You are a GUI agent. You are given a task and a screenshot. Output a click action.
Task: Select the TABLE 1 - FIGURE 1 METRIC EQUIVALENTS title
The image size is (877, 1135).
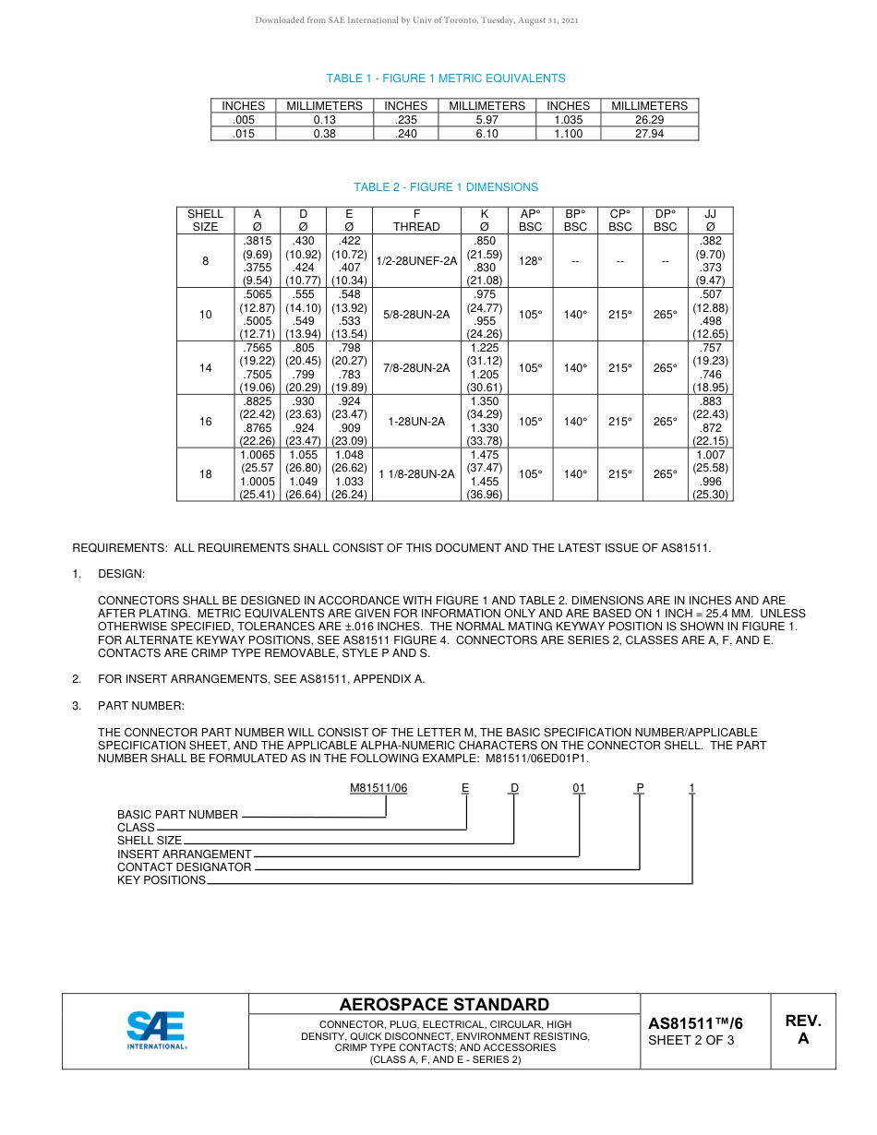(445, 78)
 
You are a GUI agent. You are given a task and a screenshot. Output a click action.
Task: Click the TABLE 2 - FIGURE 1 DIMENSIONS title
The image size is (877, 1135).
(445, 187)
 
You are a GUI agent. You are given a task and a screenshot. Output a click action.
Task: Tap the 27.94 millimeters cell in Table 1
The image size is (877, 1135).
(649, 134)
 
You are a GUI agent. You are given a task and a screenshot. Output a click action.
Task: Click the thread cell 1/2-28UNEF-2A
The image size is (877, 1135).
(417, 261)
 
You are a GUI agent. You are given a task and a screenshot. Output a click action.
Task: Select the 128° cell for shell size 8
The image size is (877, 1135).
(530, 261)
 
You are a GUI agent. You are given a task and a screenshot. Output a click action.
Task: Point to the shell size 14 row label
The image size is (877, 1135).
(205, 368)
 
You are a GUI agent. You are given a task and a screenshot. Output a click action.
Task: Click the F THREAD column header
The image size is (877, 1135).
(417, 221)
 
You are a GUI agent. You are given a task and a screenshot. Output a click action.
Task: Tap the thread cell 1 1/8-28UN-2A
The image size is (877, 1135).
(417, 474)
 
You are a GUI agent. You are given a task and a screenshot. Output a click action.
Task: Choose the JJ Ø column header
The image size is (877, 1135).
(710, 221)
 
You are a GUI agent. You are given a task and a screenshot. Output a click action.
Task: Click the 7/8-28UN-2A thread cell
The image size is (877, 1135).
(417, 368)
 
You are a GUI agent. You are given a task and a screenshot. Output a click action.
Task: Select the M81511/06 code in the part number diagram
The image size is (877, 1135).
(378, 788)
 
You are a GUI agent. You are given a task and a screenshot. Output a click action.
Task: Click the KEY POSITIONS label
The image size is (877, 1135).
(162, 880)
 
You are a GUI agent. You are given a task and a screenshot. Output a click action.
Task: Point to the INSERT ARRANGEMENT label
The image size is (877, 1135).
(184, 854)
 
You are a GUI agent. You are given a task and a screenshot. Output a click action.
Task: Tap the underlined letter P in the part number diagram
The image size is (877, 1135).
(639, 788)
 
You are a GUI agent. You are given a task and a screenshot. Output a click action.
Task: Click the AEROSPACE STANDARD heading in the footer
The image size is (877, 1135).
(444, 1005)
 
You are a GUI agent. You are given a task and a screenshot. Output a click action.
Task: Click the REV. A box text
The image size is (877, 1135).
(803, 1030)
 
